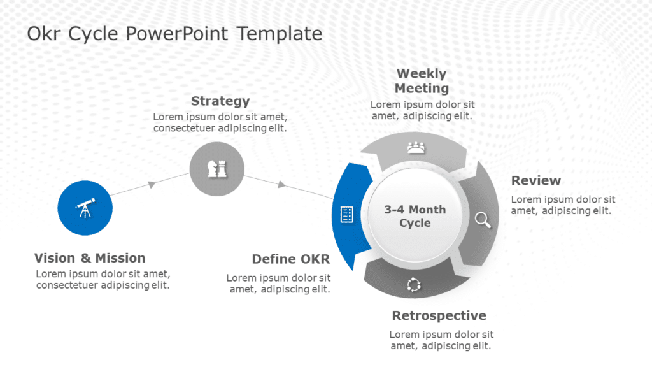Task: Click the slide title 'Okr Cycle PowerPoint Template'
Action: click(174, 34)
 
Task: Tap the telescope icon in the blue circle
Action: click(85, 208)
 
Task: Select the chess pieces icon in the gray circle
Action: click(217, 168)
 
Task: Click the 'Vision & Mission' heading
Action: click(90, 258)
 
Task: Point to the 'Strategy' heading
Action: click(220, 101)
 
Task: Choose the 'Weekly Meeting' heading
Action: click(422, 81)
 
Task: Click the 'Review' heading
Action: click(536, 180)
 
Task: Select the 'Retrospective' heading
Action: click(439, 315)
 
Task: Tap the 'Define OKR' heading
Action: click(291, 259)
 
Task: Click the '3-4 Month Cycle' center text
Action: click(415, 216)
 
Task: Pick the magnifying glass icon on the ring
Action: click(483, 220)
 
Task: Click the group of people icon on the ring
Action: click(416, 148)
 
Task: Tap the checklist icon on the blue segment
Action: click(347, 215)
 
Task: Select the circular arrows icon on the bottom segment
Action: click(415, 285)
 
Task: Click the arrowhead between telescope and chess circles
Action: click(152, 184)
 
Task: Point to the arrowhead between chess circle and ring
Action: click(281, 185)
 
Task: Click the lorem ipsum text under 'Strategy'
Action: click(220, 122)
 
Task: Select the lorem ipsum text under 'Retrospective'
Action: click(441, 340)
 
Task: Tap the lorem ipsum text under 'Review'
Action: click(563, 205)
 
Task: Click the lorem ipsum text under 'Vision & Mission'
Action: click(103, 279)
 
